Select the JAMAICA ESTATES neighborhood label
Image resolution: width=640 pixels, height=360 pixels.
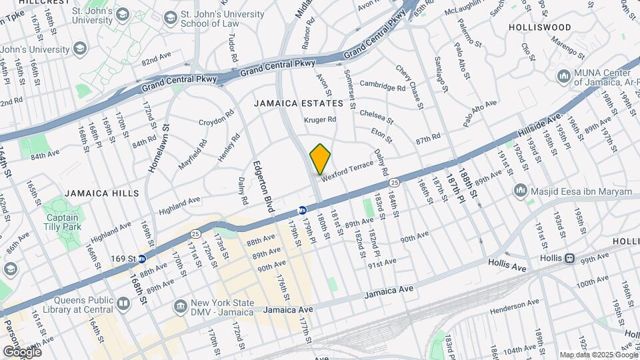pyautogui.click(x=298, y=103)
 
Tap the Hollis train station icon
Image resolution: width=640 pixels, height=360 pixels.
pyautogui.click(x=569, y=258)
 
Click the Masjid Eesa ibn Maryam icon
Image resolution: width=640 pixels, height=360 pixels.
pyautogui.click(x=521, y=191)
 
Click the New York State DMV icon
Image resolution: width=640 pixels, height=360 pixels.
pyautogui.click(x=180, y=307)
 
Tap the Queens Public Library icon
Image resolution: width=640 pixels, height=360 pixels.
pyautogui.click(x=123, y=305)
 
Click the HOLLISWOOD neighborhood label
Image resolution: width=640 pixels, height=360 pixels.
pyautogui.click(x=539, y=27)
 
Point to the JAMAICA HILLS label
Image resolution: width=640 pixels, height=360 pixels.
pyautogui.click(x=102, y=193)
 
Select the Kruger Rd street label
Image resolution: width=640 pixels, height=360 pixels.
pyautogui.click(x=320, y=120)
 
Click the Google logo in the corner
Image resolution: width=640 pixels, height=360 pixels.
pyautogui.click(x=21, y=351)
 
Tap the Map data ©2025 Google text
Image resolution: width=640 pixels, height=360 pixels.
pyautogui.click(x=598, y=355)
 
